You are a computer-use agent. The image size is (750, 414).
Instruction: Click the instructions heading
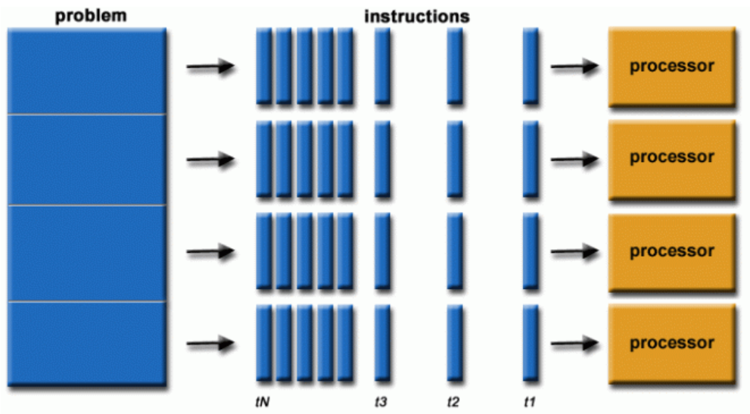(x=416, y=15)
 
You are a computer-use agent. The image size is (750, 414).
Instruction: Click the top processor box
(x=671, y=66)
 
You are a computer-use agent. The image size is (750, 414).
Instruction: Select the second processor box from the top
(x=671, y=157)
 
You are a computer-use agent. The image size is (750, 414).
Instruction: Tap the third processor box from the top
(x=671, y=251)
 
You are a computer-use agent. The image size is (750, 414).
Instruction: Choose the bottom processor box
(x=671, y=343)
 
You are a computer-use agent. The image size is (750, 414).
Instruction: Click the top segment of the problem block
(x=86, y=70)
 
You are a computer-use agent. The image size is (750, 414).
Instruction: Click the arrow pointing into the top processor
(x=574, y=67)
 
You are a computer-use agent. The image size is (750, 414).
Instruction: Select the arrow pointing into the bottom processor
(x=574, y=344)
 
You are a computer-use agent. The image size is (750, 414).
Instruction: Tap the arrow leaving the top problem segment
(x=210, y=67)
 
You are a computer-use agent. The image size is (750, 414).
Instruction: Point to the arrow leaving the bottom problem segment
(x=210, y=344)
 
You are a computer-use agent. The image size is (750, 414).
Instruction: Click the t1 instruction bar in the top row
(x=530, y=66)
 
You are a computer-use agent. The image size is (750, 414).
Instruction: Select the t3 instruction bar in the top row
(x=382, y=66)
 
